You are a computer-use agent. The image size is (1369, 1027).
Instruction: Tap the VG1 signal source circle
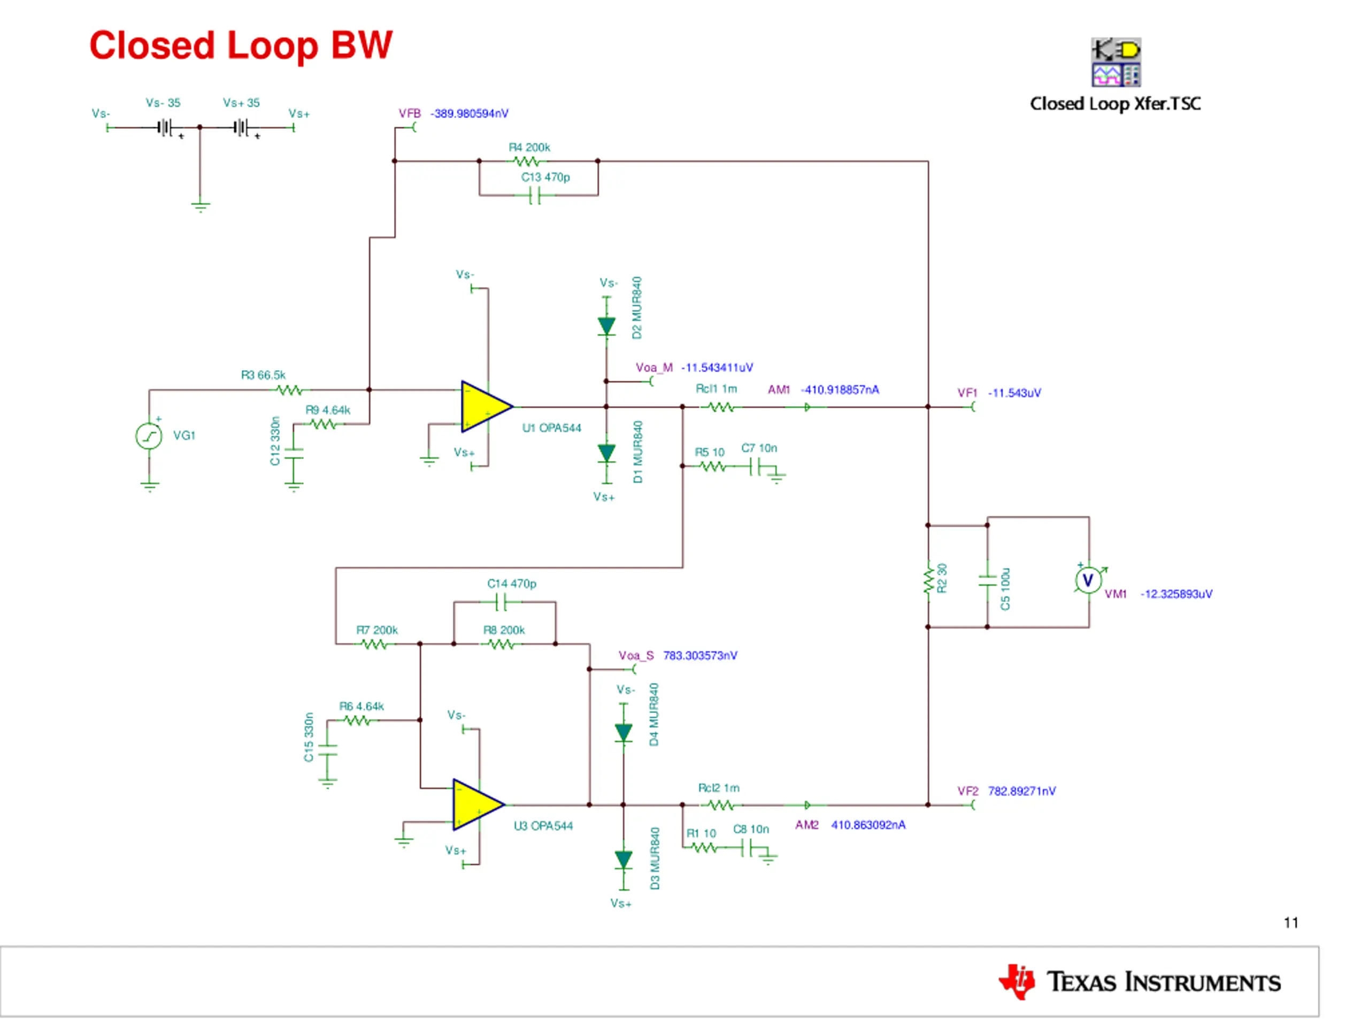coord(149,436)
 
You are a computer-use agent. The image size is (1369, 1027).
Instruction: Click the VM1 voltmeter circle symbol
coord(1088,580)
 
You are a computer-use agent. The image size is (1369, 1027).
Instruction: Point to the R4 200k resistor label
coord(529,147)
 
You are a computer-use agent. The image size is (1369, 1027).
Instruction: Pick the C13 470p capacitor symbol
coord(535,196)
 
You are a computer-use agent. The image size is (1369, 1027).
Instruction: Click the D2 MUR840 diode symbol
coord(606,326)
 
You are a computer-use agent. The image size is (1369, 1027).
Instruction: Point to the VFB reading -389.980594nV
coord(470,113)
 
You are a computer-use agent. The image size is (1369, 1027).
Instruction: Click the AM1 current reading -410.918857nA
coord(840,389)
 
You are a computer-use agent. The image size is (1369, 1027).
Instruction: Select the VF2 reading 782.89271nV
coord(1022,791)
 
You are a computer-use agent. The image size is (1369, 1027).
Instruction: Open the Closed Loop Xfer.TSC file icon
coord(1116,62)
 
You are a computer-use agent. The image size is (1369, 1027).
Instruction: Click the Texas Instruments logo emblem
coord(1017,982)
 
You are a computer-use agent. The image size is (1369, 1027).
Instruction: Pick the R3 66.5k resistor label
coord(263,375)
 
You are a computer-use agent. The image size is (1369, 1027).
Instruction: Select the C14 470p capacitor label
coord(512,584)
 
